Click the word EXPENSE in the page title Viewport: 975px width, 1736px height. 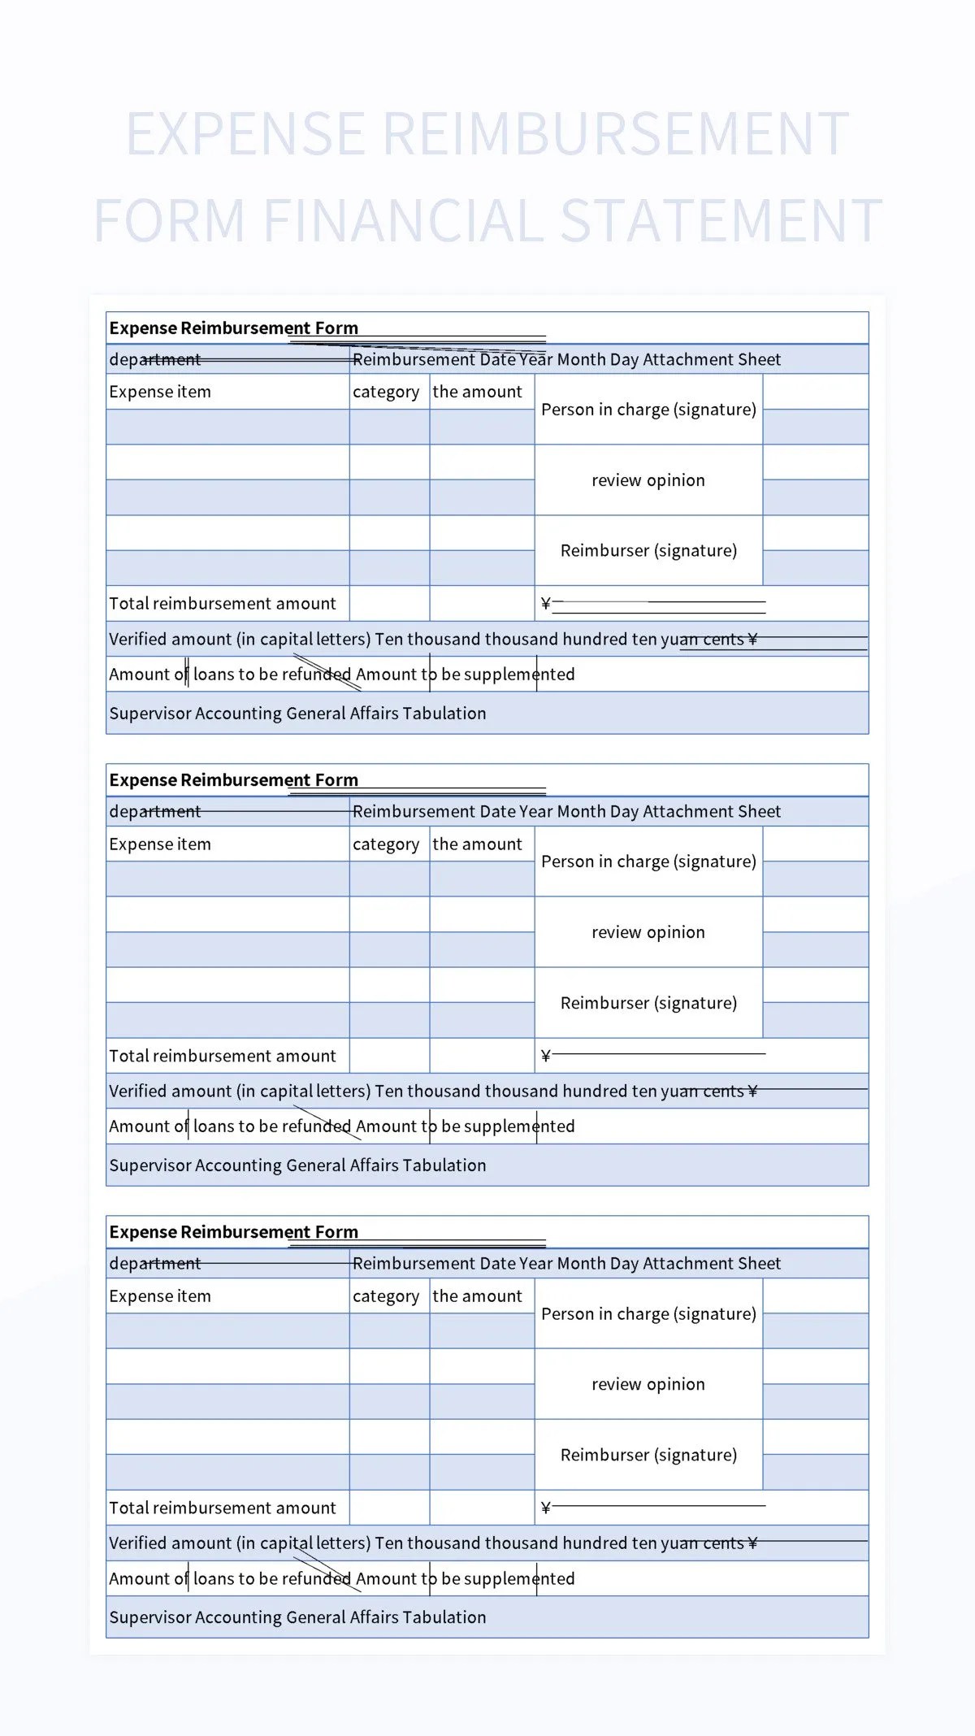click(245, 134)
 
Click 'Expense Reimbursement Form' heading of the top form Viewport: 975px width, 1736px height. click(233, 328)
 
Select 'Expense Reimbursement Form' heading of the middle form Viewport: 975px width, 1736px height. click(233, 780)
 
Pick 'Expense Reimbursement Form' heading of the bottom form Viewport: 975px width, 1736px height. click(233, 1232)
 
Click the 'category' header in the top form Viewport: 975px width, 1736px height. click(386, 392)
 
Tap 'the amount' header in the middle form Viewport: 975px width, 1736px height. click(477, 844)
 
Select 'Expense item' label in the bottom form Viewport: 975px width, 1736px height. click(160, 1296)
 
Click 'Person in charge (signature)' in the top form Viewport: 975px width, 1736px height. click(648, 410)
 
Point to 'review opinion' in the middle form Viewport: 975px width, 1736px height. click(648, 932)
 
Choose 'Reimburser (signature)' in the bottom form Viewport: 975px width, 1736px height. click(648, 1455)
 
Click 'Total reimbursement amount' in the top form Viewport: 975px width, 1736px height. click(222, 604)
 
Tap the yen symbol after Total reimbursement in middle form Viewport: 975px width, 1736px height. click(546, 1056)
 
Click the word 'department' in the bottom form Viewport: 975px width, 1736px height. click(154, 1264)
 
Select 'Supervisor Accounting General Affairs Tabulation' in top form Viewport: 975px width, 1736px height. click(297, 714)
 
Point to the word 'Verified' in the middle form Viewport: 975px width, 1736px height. click(139, 1092)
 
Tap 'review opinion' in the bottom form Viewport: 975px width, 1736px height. click(648, 1384)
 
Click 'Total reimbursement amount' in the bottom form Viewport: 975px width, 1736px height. click(222, 1508)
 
